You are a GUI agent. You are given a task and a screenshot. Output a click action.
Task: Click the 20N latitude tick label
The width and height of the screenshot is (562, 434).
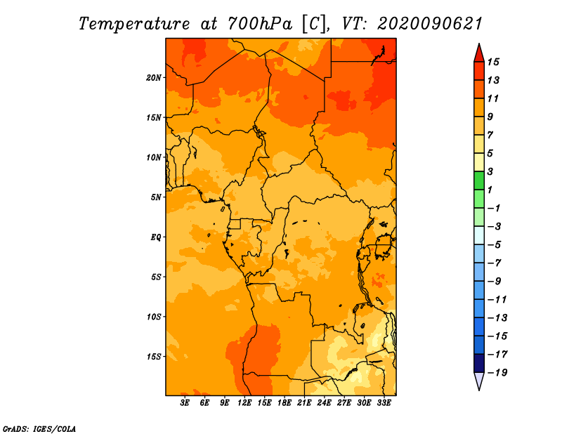pos(154,78)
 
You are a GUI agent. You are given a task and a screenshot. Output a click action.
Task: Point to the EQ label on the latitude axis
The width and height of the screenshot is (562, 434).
pos(155,237)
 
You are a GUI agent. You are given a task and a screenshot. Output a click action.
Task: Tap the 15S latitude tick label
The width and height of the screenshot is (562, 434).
pos(154,357)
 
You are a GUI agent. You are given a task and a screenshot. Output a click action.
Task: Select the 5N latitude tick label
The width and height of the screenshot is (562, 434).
pos(156,197)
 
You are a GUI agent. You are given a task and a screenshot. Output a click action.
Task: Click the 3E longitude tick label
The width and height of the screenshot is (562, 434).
pos(185,403)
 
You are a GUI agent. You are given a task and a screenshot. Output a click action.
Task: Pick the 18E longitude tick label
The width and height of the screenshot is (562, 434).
pos(285,403)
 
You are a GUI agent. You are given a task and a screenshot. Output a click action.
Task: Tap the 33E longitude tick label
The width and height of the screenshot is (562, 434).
pos(384,403)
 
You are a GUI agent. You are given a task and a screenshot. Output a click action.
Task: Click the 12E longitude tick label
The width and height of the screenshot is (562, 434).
pos(244,403)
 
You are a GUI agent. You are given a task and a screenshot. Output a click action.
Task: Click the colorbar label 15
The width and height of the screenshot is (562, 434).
pos(493,62)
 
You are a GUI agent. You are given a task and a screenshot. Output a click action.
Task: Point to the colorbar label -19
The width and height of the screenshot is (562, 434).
pos(497,373)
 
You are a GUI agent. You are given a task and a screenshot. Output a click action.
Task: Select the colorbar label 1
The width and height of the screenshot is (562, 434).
pos(490,190)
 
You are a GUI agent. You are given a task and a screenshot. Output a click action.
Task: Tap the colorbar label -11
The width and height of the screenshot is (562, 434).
pos(497,300)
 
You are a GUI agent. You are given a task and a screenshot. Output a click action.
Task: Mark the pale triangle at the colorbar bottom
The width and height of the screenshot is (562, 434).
pos(479,380)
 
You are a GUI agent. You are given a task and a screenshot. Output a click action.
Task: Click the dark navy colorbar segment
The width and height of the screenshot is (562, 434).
pos(479,363)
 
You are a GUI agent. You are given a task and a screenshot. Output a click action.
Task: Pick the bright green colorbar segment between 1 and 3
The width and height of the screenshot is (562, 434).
pos(479,180)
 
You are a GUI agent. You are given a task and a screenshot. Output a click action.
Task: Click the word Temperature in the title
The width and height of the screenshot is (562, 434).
pos(134,24)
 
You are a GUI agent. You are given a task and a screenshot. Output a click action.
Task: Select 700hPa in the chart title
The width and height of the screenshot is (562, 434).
pos(260,24)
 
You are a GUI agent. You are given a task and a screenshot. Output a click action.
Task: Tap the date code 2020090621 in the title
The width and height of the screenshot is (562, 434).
pos(430,24)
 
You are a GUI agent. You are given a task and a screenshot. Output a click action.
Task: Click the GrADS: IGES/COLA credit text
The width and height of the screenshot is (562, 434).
pos(39,429)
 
